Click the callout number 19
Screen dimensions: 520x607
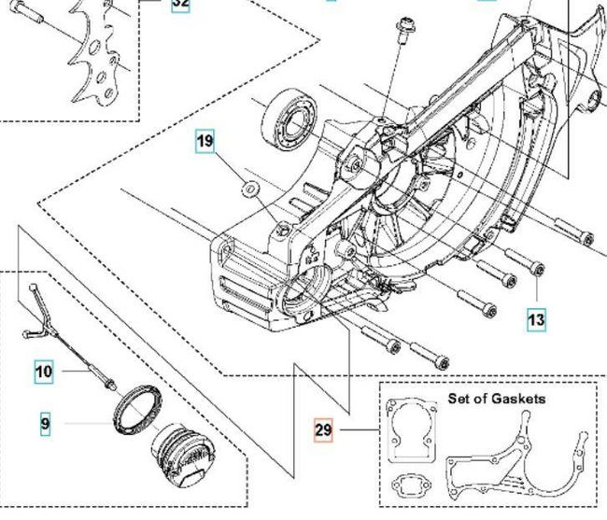[205, 143]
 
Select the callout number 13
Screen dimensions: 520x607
[535, 319]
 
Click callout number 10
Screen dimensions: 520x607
[44, 372]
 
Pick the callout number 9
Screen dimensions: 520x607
[45, 425]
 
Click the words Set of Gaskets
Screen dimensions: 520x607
[497, 399]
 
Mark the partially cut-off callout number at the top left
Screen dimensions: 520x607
[180, 4]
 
